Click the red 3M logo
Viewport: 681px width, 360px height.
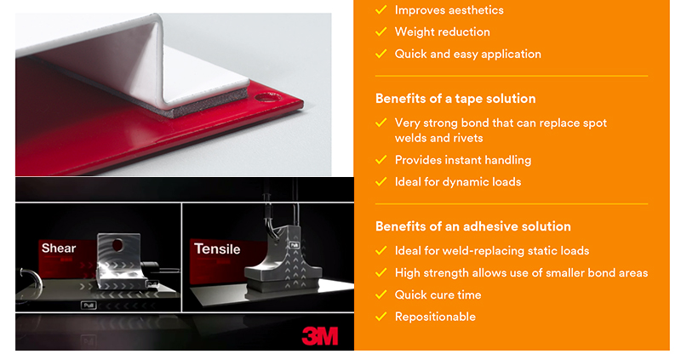(x=320, y=336)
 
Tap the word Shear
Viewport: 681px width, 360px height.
(x=59, y=248)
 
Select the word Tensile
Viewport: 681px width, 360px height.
(x=217, y=249)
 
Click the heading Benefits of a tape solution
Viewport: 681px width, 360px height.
(x=455, y=99)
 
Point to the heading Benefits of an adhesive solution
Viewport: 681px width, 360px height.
(x=473, y=226)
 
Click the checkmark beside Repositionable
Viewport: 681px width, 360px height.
(x=381, y=317)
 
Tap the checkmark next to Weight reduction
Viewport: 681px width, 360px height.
(x=381, y=31)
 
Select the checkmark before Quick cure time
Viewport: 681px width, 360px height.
(x=381, y=294)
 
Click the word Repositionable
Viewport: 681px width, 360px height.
(x=435, y=317)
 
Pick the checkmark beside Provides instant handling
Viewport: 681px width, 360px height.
(x=381, y=160)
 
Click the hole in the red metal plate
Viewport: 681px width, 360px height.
(x=267, y=97)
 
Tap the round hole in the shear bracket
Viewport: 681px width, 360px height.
(x=117, y=245)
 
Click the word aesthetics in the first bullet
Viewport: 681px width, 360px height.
(x=477, y=10)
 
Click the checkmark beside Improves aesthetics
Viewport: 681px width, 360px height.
(x=381, y=9)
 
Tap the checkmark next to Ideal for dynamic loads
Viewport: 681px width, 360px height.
(x=381, y=181)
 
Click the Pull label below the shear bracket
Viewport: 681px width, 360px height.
(x=89, y=306)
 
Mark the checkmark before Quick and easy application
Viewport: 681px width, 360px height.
(x=381, y=54)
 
